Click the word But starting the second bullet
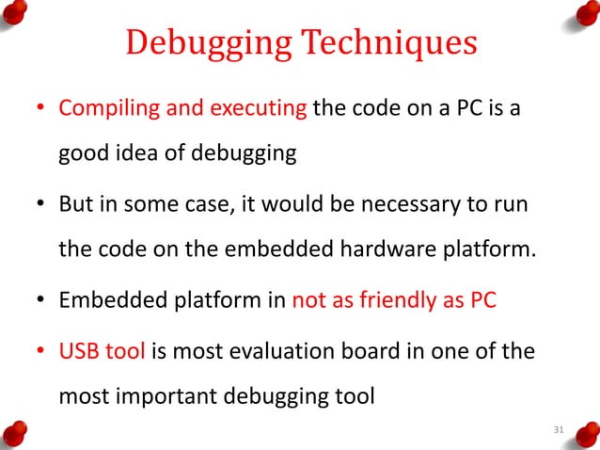[x=77, y=205]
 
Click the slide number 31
[x=559, y=430]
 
